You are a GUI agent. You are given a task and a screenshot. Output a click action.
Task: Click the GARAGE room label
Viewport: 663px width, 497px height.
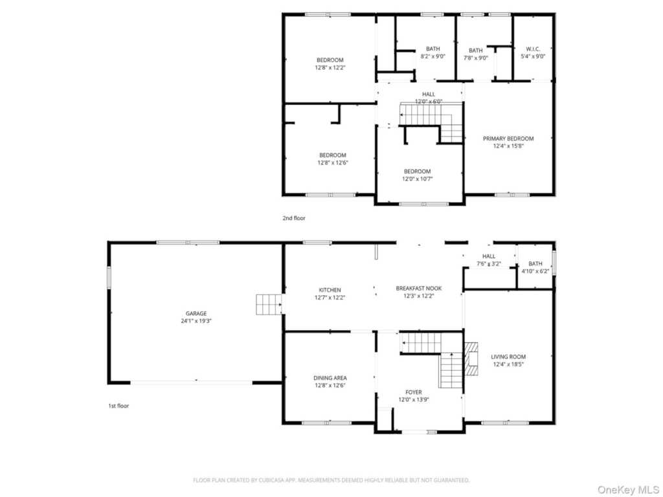196,314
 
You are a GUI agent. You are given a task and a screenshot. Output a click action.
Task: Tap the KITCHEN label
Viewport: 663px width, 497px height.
330,290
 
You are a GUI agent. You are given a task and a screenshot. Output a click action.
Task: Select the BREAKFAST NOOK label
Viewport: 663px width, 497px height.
419,288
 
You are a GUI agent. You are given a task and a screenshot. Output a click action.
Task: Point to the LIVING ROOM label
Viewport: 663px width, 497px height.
508,357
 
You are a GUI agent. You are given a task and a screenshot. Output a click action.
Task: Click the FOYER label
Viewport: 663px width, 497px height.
414,392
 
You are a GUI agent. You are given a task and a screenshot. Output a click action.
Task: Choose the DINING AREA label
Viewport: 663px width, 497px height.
330,378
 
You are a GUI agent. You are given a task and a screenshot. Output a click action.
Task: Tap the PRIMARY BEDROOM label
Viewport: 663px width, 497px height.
508,138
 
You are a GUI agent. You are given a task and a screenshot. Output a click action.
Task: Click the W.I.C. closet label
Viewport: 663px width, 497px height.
533,49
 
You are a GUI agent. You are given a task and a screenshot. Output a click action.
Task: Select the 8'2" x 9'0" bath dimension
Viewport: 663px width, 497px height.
433,56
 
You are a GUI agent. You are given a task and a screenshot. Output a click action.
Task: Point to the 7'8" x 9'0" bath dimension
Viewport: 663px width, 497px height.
476,58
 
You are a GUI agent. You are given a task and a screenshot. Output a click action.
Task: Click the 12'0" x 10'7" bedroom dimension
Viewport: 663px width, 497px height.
418,179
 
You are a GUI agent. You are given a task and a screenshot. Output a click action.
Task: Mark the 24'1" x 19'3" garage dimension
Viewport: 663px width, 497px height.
196,321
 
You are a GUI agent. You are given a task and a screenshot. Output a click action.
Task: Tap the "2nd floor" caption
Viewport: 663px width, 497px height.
294,218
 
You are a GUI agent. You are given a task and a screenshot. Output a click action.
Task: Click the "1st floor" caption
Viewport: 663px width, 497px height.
119,406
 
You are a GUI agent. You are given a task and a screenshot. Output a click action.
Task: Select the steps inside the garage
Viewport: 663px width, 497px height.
269,304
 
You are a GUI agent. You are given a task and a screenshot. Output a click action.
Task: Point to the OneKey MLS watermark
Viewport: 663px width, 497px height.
628,490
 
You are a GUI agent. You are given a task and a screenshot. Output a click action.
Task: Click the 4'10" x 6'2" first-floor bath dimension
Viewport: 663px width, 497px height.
535,271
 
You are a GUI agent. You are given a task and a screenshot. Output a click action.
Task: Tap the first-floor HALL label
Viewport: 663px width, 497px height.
489,256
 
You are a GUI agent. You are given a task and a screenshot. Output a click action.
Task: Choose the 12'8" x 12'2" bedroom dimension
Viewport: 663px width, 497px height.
330,67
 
